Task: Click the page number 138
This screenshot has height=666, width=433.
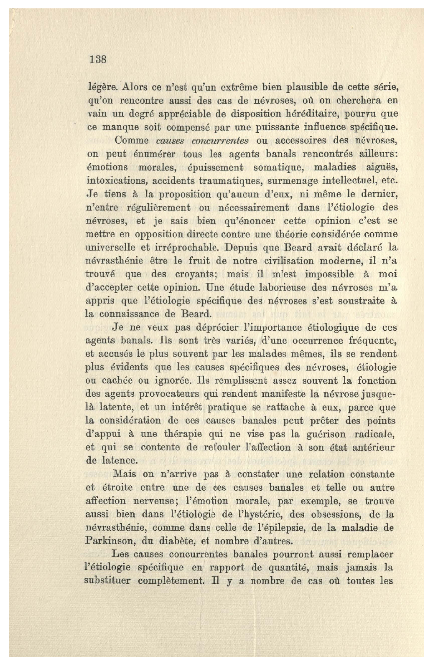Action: pos(98,59)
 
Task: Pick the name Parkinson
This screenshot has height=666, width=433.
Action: pos(107,541)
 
